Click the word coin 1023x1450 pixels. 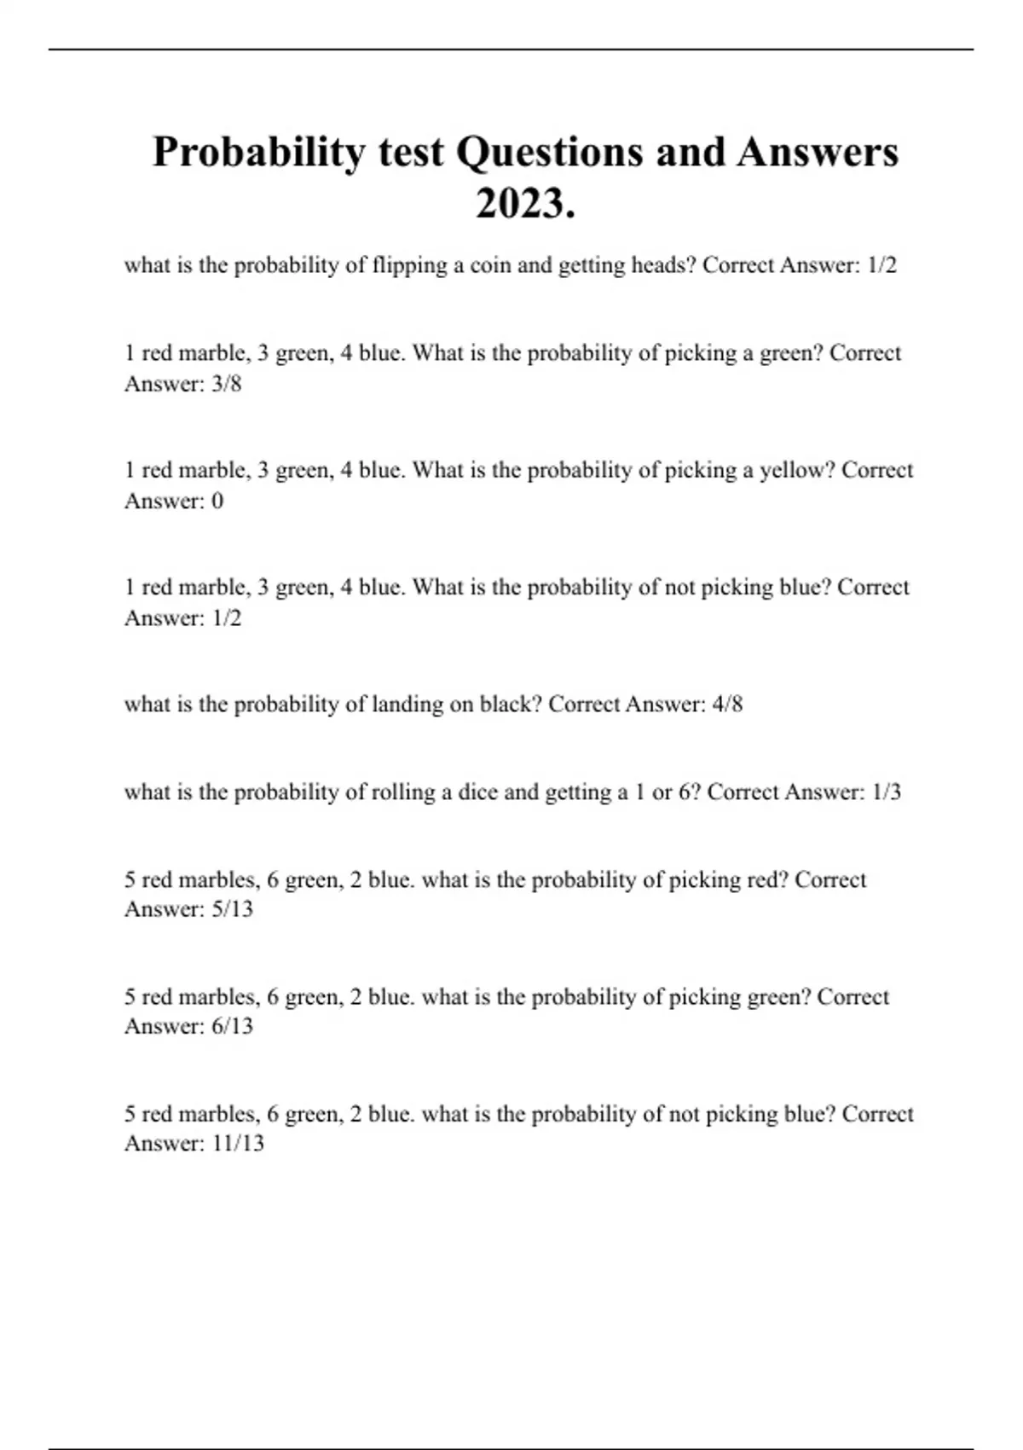[x=490, y=265]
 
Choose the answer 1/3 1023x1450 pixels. [x=887, y=792]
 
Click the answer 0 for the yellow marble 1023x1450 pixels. [x=217, y=501]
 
